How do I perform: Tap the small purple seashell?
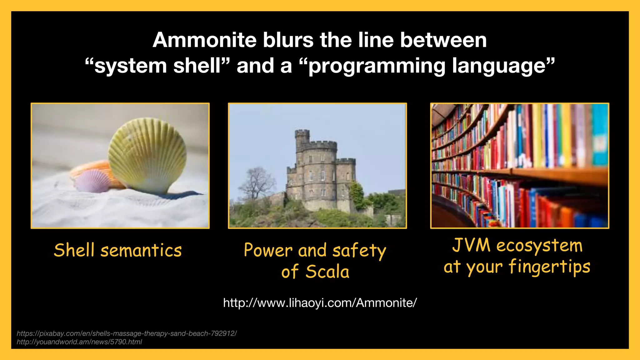(x=92, y=181)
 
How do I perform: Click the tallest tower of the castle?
(x=302, y=141)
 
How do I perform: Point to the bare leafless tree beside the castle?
(x=256, y=184)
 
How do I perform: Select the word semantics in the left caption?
(x=141, y=251)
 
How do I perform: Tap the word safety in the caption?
(x=359, y=251)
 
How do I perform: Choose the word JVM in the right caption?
(x=471, y=245)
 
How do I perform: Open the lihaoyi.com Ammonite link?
(x=320, y=303)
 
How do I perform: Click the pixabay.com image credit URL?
(x=127, y=333)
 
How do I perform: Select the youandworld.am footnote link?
(x=79, y=342)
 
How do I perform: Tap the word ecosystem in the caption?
(x=539, y=246)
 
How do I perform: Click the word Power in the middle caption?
(x=268, y=250)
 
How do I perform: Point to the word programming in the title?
(x=377, y=66)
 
